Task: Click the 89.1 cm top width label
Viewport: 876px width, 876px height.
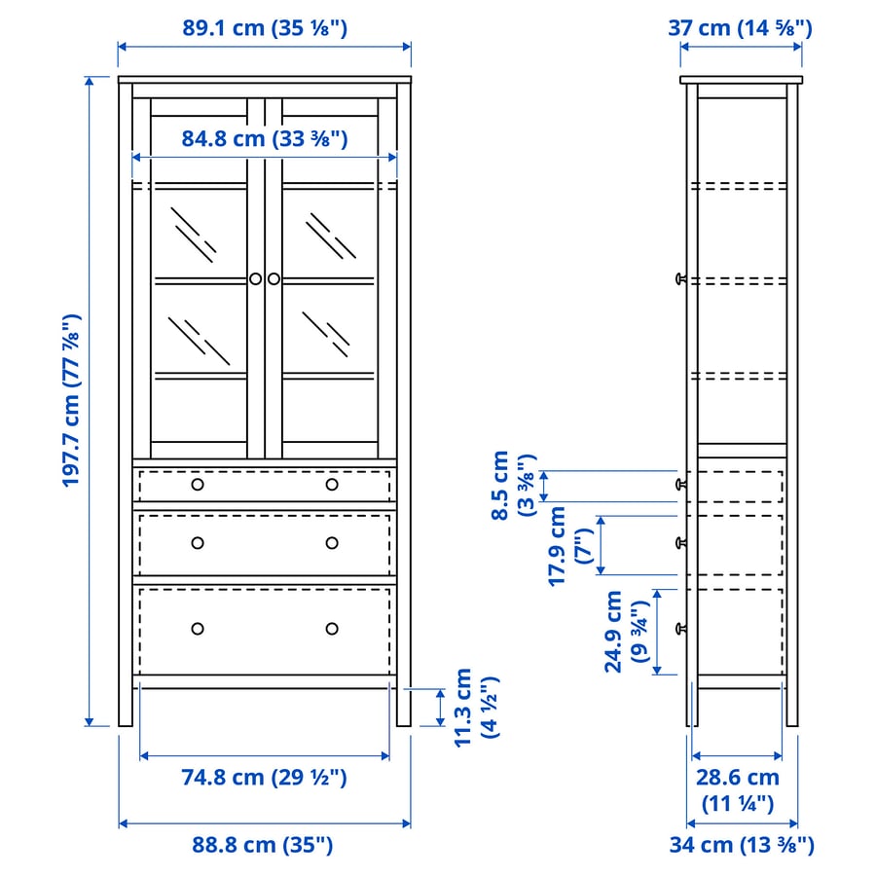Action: point(264,27)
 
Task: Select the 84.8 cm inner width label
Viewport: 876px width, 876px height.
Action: point(264,138)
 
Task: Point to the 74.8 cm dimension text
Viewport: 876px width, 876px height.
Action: point(264,777)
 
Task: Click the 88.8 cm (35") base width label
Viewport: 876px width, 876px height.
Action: point(262,844)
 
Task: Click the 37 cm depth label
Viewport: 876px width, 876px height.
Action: point(740,27)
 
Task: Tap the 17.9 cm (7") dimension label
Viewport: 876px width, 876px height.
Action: point(569,545)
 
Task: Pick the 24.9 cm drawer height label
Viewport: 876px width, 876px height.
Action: point(625,632)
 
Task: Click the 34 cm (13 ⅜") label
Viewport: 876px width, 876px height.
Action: point(741,844)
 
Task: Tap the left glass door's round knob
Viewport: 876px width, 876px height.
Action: point(255,279)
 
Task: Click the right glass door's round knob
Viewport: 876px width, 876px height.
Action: point(274,279)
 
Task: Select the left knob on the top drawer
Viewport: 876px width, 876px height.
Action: point(198,485)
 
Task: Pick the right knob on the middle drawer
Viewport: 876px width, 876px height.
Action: point(332,543)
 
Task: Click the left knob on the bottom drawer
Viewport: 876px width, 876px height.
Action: point(198,629)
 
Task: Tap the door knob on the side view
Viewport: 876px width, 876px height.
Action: point(680,279)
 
